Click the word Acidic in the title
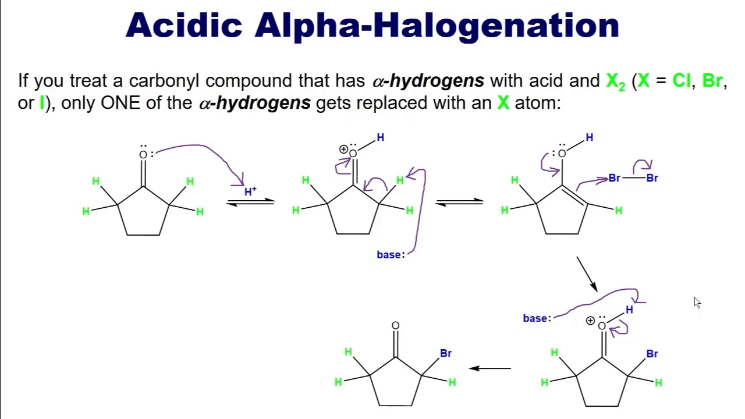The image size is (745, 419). [184, 25]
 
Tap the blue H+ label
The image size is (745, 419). [250, 191]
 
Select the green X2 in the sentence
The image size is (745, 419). [616, 81]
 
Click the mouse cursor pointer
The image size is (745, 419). [697, 303]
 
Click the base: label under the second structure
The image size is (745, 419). [391, 255]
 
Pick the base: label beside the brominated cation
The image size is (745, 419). [537, 318]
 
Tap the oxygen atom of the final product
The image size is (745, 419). [395, 325]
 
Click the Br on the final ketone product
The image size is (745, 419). [446, 353]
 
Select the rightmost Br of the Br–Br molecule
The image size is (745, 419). [652, 178]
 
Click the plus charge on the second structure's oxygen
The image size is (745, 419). [343, 150]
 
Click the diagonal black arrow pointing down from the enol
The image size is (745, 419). [587, 274]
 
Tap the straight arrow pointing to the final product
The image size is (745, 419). [490, 368]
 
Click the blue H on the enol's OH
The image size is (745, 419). [590, 137]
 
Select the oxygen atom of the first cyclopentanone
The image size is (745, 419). [143, 155]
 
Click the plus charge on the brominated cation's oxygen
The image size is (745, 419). [590, 321]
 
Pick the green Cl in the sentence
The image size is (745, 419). [681, 80]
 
